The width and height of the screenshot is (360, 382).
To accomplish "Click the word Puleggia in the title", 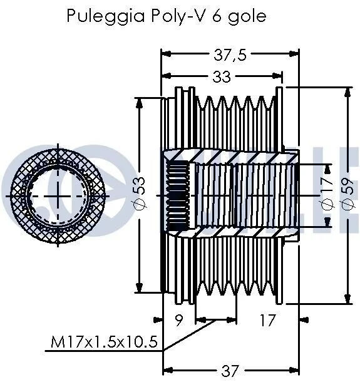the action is (105, 16).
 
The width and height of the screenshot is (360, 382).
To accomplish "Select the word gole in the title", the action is (247, 17).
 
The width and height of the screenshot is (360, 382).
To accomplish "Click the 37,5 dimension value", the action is (230, 54).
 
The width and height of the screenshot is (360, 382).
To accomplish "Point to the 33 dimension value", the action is (222, 77).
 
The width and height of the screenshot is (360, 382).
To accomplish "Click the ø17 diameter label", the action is (327, 194).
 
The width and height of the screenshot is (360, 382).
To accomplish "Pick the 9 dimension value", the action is (179, 320).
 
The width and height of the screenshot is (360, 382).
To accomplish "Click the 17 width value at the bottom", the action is (267, 320).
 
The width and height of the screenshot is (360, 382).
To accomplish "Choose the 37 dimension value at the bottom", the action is (229, 371).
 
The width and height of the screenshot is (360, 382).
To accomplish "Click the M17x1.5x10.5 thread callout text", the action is (104, 341).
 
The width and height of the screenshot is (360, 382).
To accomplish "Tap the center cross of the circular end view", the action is (58, 196).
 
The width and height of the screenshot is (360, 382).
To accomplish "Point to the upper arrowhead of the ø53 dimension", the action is (139, 103).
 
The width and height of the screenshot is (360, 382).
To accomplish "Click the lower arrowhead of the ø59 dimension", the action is (347, 298).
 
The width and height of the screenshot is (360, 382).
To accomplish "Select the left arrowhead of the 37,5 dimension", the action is (167, 53).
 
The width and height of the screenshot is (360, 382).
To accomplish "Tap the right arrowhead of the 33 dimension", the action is (277, 75).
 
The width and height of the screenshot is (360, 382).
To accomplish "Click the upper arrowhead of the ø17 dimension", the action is (328, 169).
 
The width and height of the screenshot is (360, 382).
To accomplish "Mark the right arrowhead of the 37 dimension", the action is (293, 370).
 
